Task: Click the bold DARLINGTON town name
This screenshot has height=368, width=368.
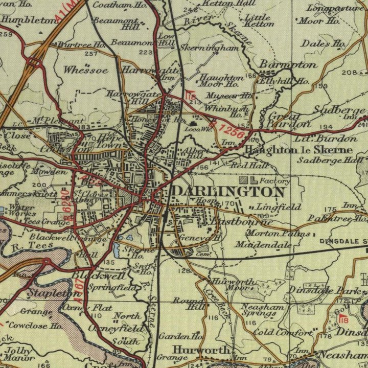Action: pos(228,192)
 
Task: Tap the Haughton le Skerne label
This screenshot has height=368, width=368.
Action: pos(298,150)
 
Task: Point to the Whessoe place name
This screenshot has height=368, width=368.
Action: pos(86,71)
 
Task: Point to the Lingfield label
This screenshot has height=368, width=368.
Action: pos(271,207)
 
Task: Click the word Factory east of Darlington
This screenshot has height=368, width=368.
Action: pos(274,180)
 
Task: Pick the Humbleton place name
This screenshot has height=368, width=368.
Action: pos(28,20)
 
